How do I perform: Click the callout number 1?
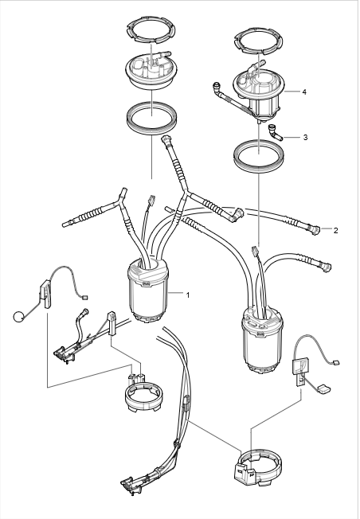pos(188,295)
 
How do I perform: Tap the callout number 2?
pos(335,231)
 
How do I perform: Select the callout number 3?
pos(305,137)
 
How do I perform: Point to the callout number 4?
pos(304,92)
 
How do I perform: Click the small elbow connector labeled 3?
pos(276,132)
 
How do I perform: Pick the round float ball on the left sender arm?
pos(18,317)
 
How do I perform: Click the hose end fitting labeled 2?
pos(315,229)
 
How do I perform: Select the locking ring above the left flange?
pos(151,31)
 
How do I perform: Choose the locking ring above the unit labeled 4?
pos(258,40)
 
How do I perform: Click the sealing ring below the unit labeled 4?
pos(259,155)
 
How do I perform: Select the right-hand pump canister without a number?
pos(262,340)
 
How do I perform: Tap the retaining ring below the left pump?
pos(143,396)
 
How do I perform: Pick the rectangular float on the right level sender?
pos(323,389)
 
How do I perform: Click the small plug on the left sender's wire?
pos(84,298)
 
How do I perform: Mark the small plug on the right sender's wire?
pos(336,362)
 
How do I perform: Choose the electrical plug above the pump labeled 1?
pos(152,199)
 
